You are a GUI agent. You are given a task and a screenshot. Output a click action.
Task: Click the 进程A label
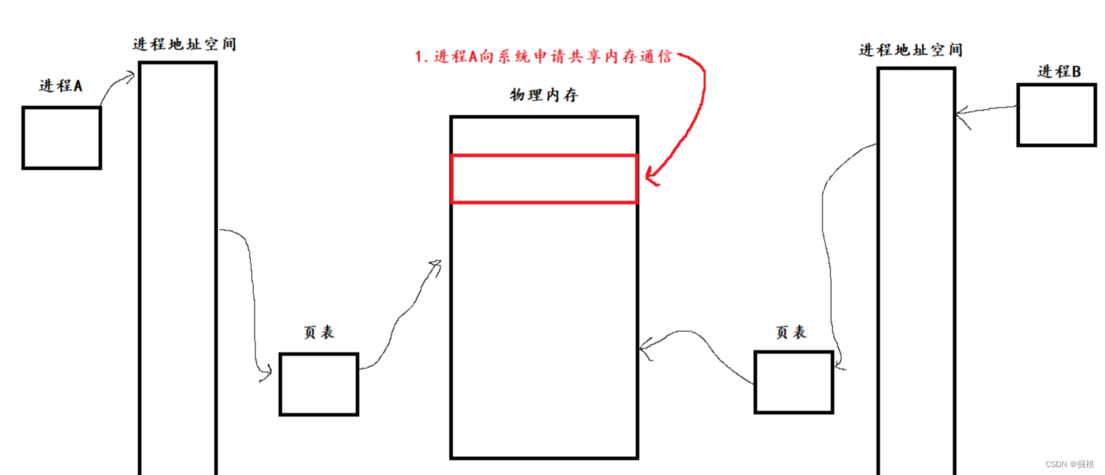click(61, 86)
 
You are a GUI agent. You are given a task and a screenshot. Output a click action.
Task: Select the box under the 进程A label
click(61, 137)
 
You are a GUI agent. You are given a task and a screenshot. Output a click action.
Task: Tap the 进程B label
click(1059, 71)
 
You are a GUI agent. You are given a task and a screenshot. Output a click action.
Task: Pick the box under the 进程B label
click(1056, 115)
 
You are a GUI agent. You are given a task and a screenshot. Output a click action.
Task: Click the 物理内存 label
click(544, 96)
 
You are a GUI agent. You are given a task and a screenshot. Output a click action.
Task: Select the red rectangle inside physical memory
click(544, 179)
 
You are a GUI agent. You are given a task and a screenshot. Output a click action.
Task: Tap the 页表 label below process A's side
click(319, 332)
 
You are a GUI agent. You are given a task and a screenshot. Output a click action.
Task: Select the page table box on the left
click(319, 384)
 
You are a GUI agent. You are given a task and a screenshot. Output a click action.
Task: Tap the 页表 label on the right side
click(791, 332)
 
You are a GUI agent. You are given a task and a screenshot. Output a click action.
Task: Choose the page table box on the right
click(794, 381)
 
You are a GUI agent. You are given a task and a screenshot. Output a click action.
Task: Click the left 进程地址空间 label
click(184, 44)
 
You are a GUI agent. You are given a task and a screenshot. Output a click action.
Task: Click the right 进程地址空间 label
click(911, 50)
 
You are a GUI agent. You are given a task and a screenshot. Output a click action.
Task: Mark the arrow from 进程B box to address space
click(986, 110)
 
